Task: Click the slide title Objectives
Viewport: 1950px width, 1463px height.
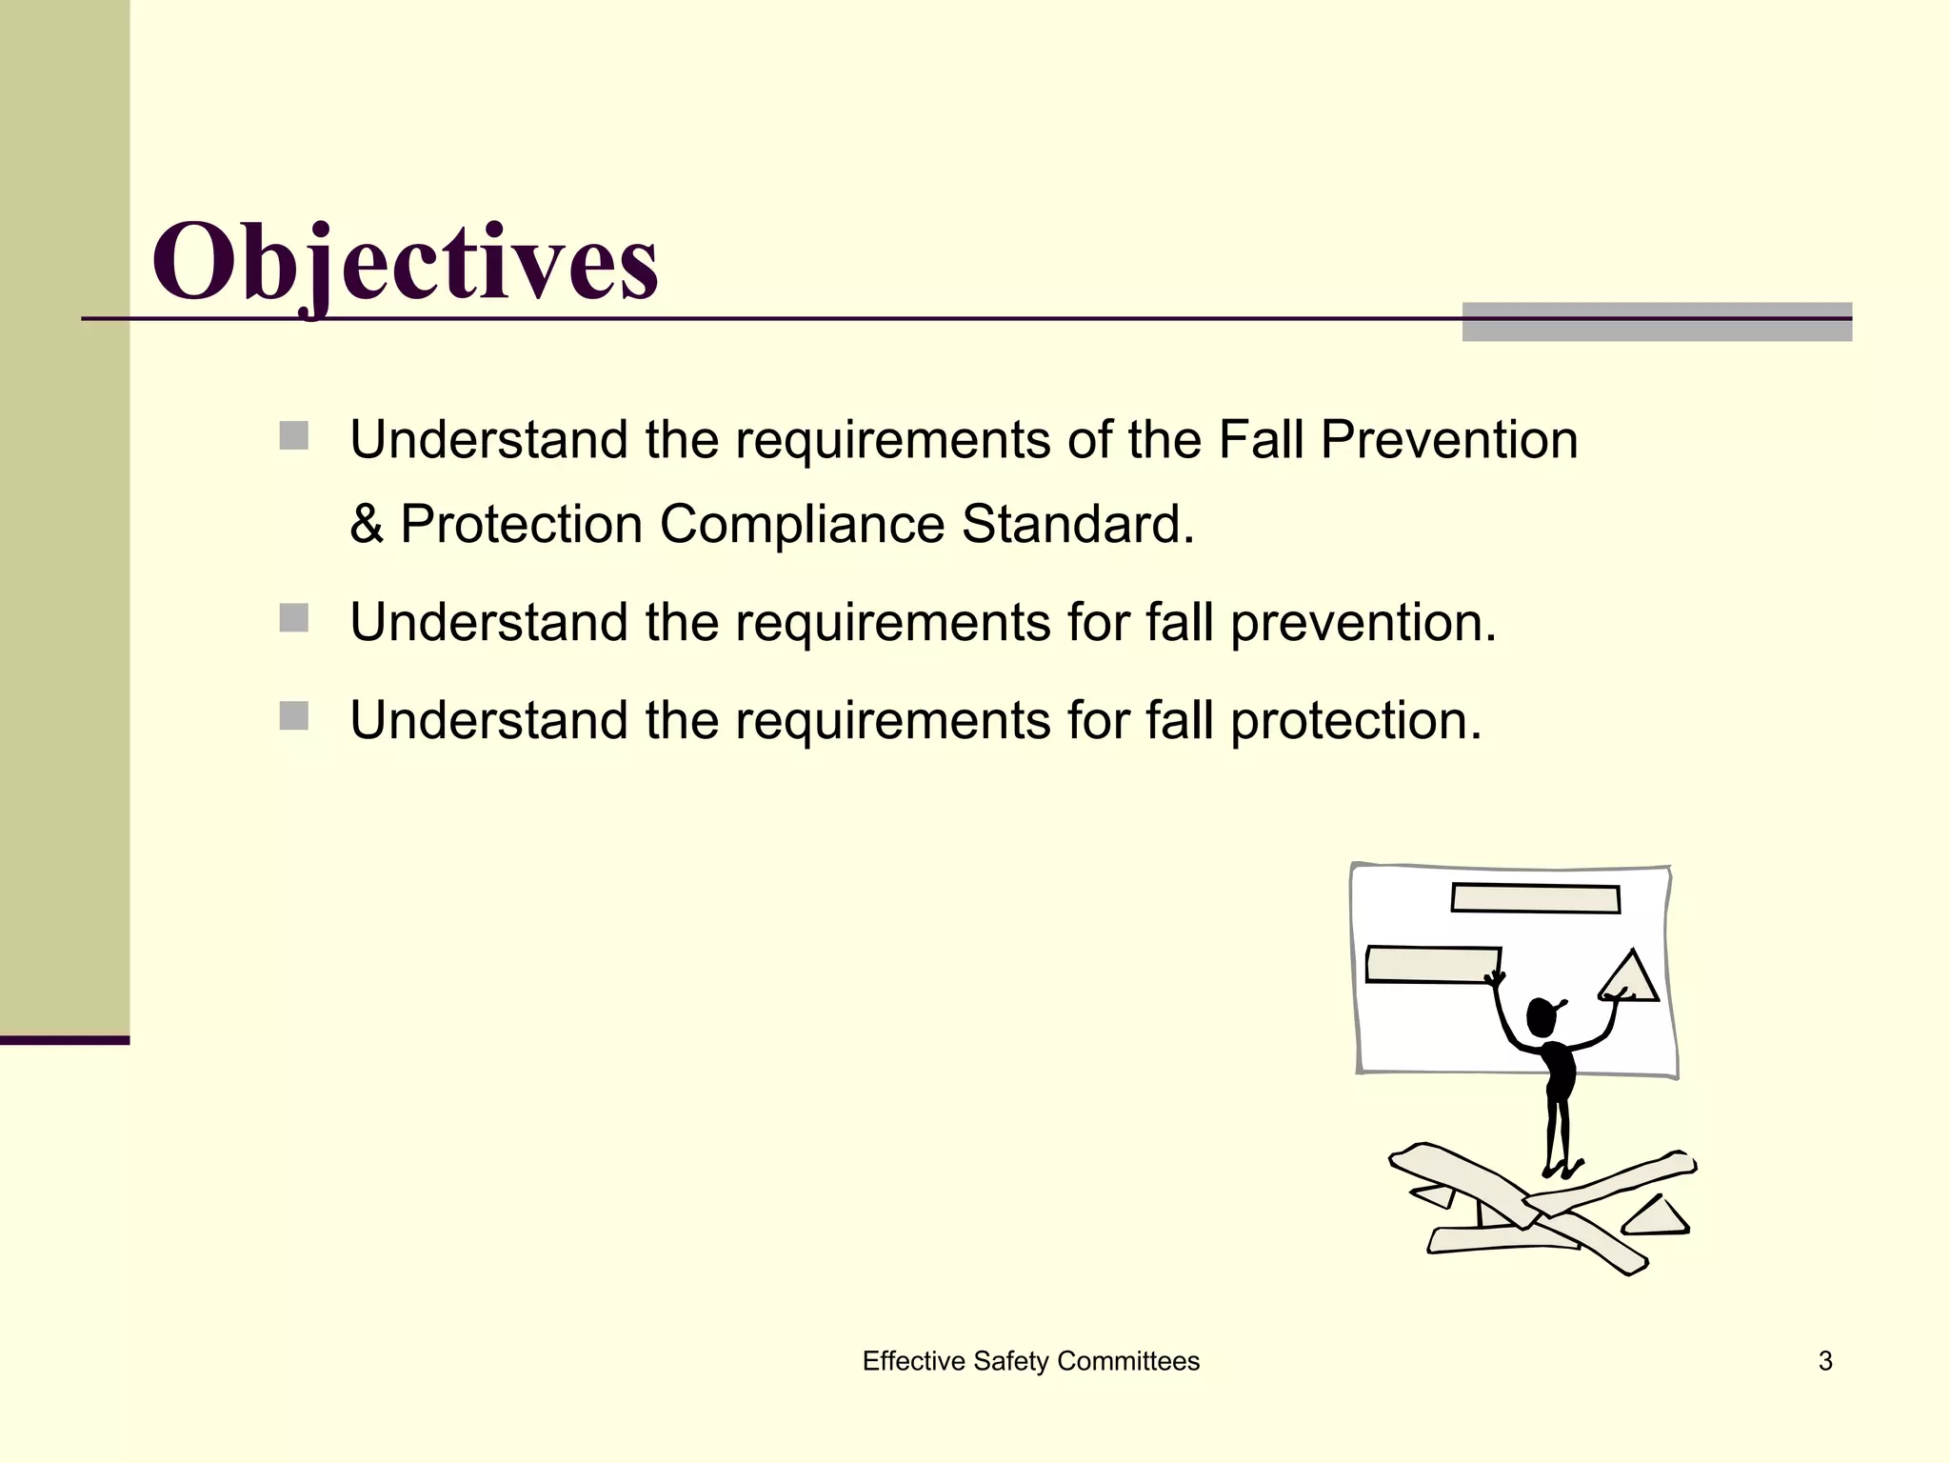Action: click(405, 262)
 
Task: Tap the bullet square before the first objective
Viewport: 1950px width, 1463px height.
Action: click(294, 436)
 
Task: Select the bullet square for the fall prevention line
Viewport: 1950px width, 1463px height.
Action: click(294, 618)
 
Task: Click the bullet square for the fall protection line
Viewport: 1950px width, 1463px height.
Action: click(294, 716)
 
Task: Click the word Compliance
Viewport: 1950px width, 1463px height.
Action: click(802, 524)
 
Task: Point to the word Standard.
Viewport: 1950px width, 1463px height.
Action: click(1077, 524)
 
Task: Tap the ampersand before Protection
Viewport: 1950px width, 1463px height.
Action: click(367, 524)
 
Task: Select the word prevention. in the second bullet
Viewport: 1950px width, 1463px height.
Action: click(1363, 624)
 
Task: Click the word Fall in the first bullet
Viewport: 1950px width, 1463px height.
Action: click(1261, 440)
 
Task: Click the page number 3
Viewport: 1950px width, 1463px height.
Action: click(1825, 1361)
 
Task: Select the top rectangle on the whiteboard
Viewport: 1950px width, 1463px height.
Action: click(1535, 898)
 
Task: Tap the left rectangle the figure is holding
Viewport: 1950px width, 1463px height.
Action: click(1431, 964)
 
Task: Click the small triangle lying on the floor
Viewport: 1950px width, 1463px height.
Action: click(1658, 1218)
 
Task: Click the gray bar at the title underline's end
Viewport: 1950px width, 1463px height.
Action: click(1656, 322)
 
